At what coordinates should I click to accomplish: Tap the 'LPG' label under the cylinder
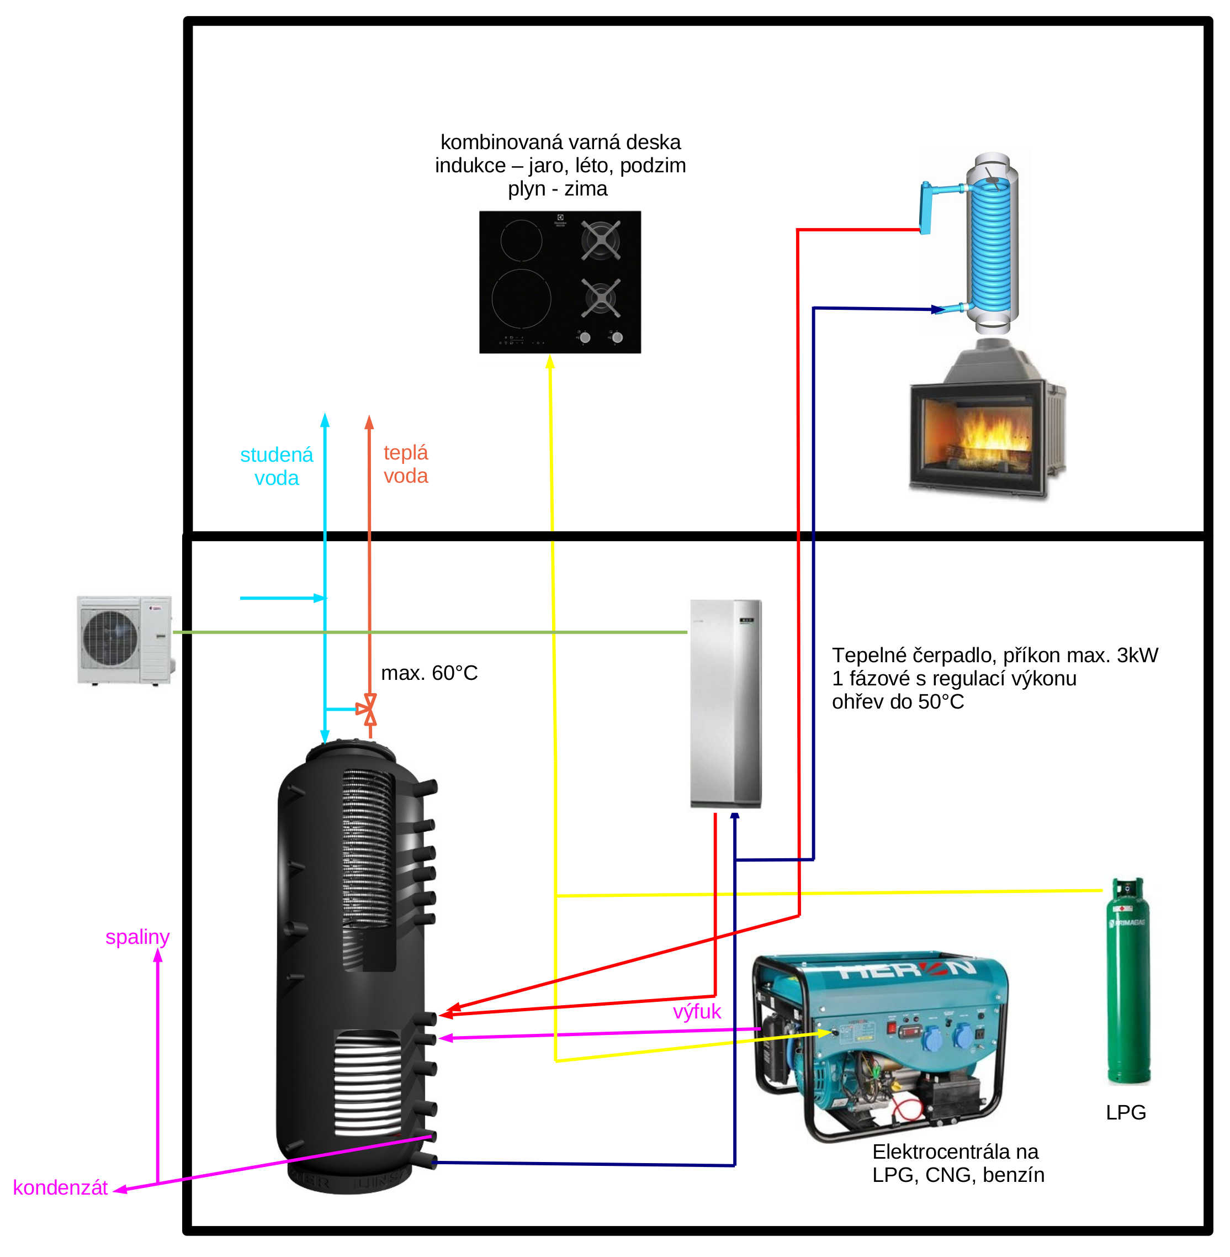(1125, 1112)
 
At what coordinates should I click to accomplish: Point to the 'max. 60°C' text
(429, 673)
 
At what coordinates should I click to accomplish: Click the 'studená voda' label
(277, 466)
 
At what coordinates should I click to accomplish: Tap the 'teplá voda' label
(406, 464)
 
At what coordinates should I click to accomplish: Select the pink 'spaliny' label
(137, 937)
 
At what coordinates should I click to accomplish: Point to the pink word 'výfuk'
(696, 1011)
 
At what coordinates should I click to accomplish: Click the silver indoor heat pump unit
(725, 703)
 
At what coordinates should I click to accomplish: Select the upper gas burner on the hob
(601, 240)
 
